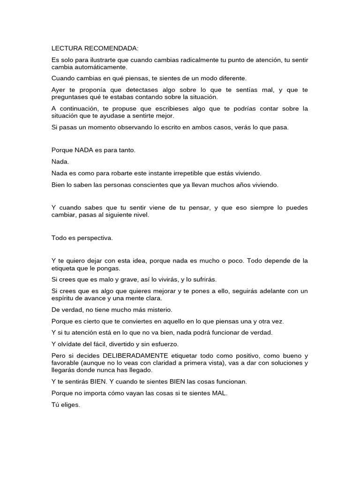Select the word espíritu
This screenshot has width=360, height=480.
[x=62, y=298]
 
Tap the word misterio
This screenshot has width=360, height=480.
[x=159, y=309]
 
